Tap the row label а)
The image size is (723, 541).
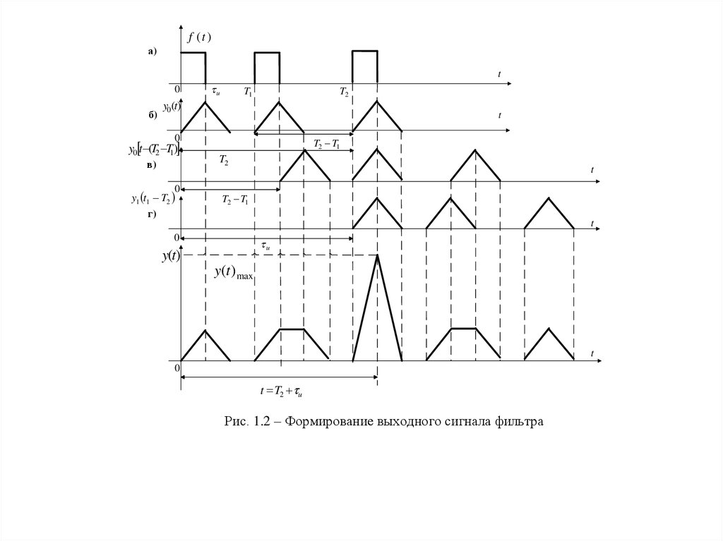(x=152, y=51)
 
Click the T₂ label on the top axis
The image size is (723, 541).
(x=344, y=92)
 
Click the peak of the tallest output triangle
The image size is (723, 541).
(x=378, y=255)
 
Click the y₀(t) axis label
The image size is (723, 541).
(x=172, y=107)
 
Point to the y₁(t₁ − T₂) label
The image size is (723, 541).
(x=153, y=199)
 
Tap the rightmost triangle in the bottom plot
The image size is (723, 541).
(x=549, y=346)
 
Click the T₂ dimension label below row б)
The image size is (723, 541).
(x=223, y=162)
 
